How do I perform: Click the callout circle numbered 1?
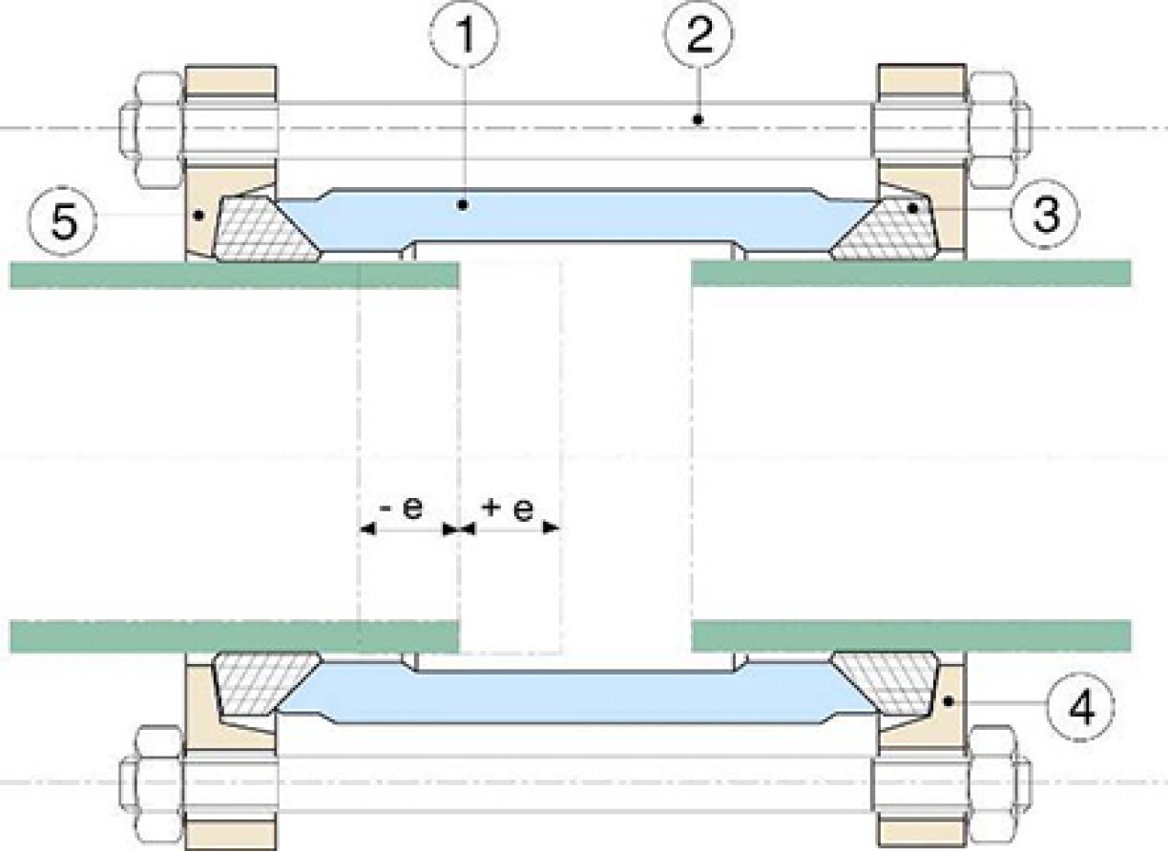464,34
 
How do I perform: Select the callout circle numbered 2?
699,34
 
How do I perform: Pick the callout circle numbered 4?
1079,707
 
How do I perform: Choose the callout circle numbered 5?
63,220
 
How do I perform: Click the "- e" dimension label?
403,508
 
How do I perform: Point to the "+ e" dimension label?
508,509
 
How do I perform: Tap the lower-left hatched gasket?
266,684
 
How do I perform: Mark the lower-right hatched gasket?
884,684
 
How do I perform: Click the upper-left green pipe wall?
234,276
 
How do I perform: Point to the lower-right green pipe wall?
911,635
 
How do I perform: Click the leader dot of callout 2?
699,120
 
